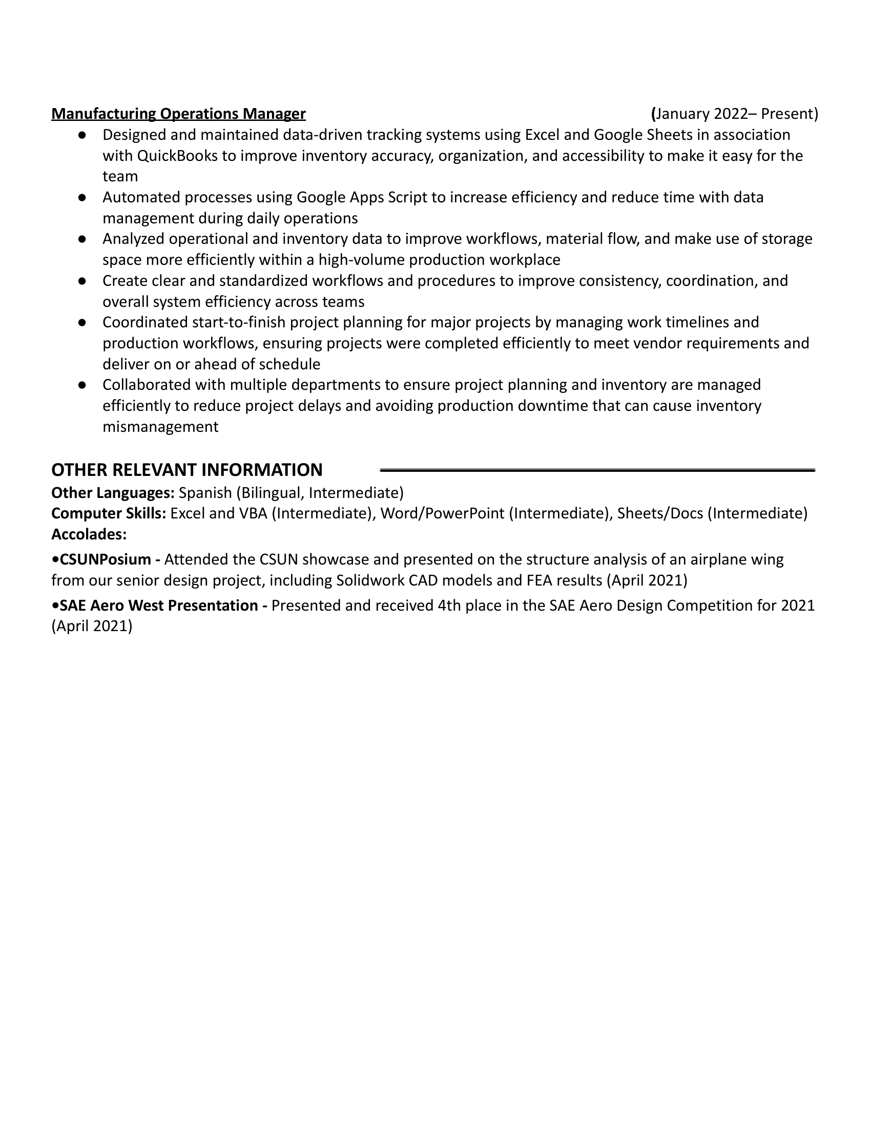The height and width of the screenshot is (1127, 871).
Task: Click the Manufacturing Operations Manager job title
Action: pos(178,114)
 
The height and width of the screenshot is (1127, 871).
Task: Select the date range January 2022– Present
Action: pos(735,114)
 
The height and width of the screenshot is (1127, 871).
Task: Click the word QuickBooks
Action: pos(177,156)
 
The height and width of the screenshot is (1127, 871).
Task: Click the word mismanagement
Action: pos(160,427)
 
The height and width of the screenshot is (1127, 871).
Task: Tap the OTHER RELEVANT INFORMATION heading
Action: pos(187,470)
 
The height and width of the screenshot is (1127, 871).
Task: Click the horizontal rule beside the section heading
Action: pos(597,470)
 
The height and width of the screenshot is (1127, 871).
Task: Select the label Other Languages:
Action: pos(113,493)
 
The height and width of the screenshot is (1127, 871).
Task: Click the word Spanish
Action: pos(205,493)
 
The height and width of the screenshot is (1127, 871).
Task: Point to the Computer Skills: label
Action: pos(108,514)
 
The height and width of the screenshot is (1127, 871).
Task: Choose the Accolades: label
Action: pos(89,535)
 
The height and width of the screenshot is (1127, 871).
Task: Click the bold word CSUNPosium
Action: pos(105,560)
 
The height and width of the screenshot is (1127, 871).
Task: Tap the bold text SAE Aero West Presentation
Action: pos(158,606)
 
